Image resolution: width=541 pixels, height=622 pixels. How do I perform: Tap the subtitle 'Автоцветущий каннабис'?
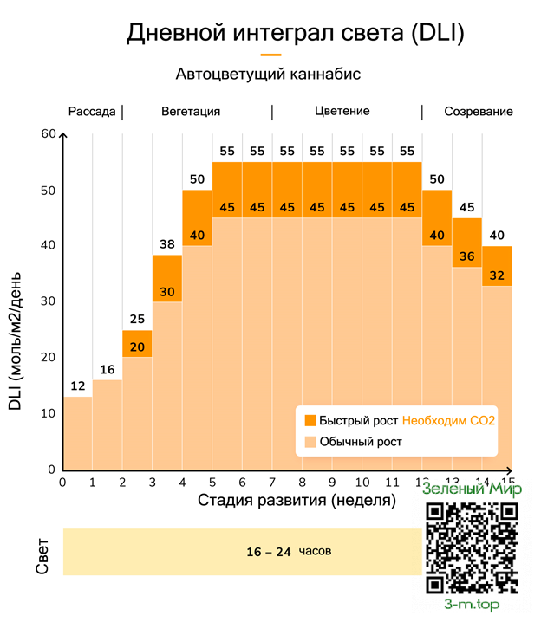coord(268,75)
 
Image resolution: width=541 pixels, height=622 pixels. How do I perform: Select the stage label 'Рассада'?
coord(92,112)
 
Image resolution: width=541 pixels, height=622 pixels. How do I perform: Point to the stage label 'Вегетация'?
coord(191,112)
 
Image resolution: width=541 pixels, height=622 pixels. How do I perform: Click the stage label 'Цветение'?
coord(342,112)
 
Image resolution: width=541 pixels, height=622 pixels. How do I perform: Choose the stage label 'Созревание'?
coord(479,112)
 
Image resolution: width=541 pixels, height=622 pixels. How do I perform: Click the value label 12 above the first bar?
coord(77,386)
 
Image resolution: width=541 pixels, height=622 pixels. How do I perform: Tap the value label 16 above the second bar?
coord(108,369)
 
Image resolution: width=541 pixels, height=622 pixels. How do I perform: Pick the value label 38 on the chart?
coord(167,244)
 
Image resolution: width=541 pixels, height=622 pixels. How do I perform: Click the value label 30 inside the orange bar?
coord(167,291)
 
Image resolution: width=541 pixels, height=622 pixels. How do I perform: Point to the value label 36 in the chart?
coord(466,256)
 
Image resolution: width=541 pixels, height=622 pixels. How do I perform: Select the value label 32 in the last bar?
coord(497,276)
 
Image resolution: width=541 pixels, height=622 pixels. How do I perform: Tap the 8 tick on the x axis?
coord(302,482)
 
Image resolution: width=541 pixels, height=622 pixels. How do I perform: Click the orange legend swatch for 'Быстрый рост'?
coord(309,420)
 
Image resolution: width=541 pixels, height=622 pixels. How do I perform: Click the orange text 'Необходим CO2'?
coord(454,420)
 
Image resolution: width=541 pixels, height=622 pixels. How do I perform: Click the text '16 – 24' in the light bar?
coord(269,552)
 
